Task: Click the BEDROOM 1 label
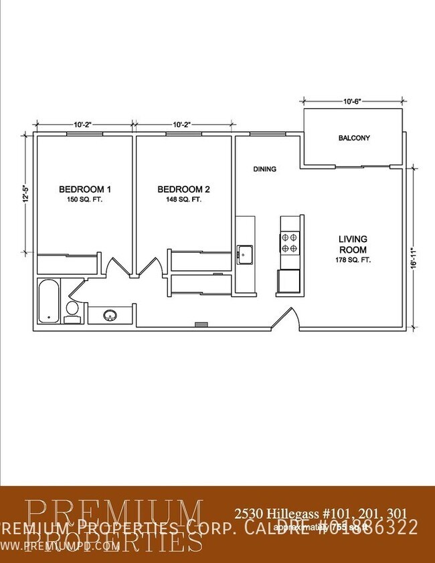point(84,189)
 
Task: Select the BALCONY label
point(354,138)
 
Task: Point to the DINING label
point(264,169)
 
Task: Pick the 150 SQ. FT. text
point(84,200)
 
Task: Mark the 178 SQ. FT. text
point(353,259)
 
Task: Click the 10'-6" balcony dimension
point(353,102)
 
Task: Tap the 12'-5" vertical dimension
point(24,197)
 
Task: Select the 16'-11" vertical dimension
point(416,256)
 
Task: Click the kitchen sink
point(244,253)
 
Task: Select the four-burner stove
point(290,241)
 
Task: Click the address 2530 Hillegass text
point(319,514)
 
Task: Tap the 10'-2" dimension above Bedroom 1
point(83,124)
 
